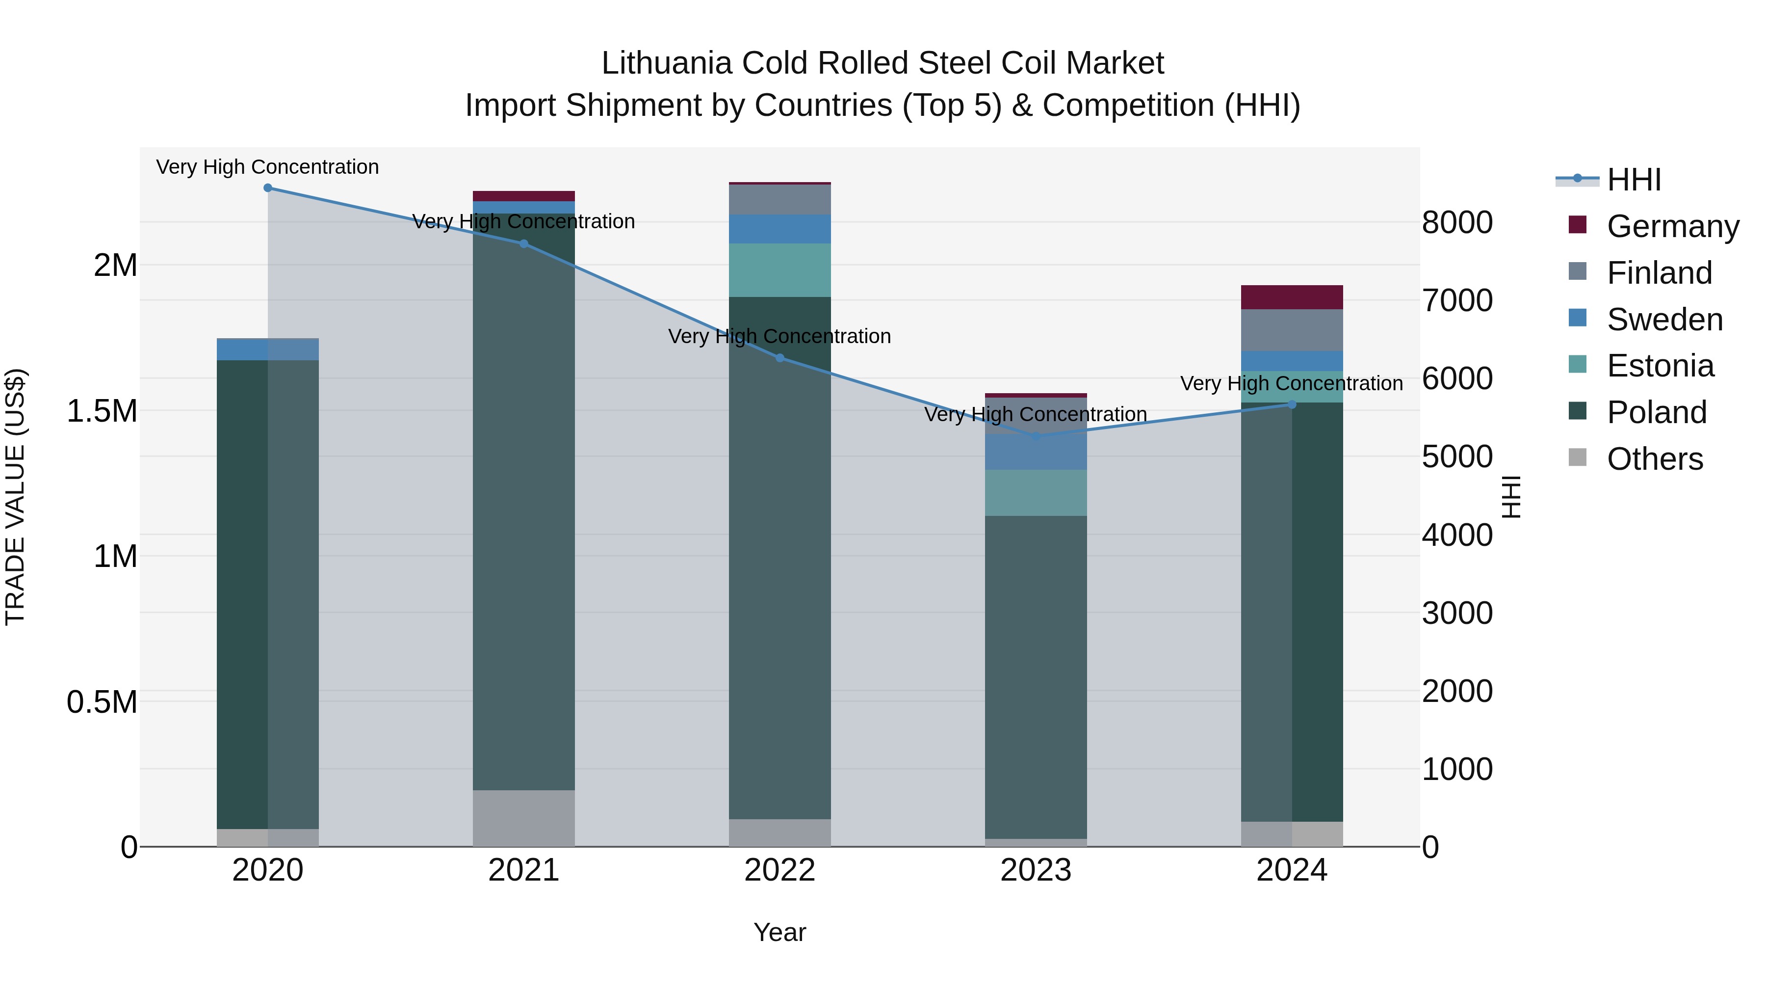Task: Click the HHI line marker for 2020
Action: [268, 188]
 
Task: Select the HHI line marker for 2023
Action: [1036, 436]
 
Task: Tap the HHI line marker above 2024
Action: [1292, 405]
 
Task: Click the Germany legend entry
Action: [1673, 226]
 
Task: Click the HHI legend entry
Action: [1633, 180]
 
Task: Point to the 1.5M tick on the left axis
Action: [102, 412]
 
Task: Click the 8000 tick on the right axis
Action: [1457, 222]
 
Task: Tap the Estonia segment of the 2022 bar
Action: [779, 270]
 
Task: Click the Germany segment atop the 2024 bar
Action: [1292, 297]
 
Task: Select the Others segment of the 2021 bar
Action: [524, 818]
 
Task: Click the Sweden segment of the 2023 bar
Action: [1036, 452]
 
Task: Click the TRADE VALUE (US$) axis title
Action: [15, 497]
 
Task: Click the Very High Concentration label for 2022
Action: [779, 337]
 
